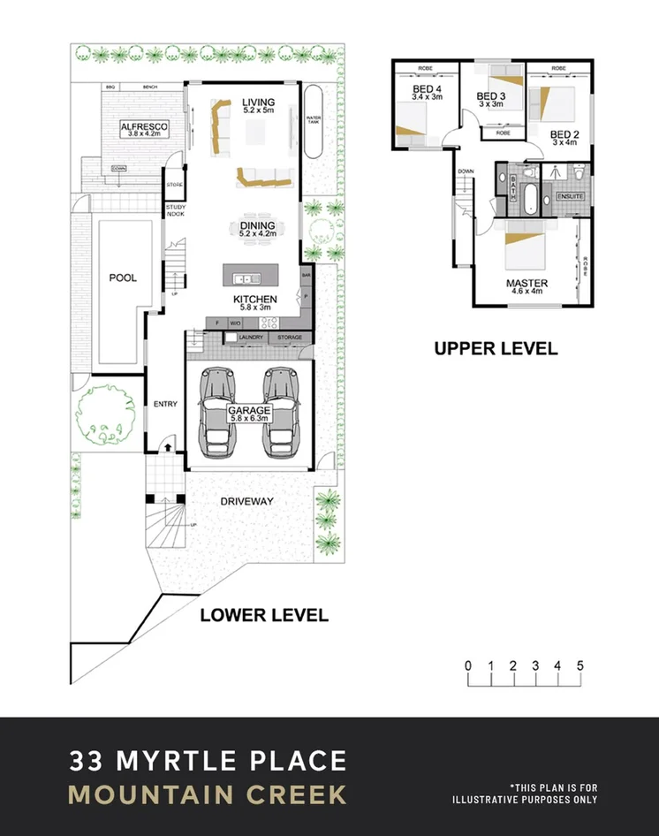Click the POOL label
[123, 277]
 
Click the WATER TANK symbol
[312, 121]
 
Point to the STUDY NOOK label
[174, 210]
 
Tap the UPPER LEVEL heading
[496, 348]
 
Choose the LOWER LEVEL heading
[264, 615]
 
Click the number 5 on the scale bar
[580, 665]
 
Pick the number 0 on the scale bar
[468, 665]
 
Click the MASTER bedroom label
[526, 283]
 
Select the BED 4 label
[427, 89]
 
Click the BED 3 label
[490, 96]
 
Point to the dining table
[258, 231]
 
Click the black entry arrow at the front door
[166, 448]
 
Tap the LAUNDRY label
[251, 338]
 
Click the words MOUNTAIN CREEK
[208, 794]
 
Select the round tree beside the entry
[103, 414]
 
